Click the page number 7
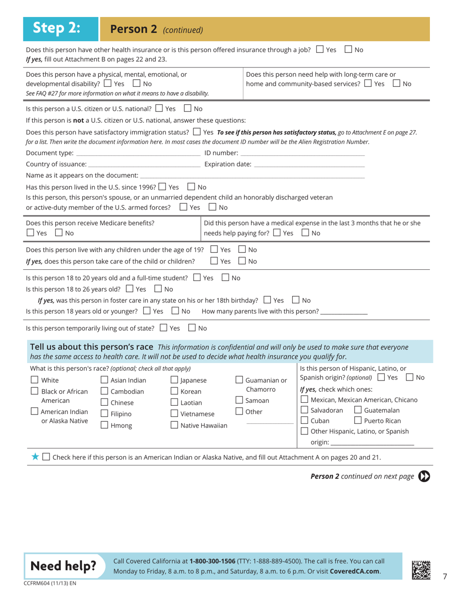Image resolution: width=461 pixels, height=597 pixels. coord(445,576)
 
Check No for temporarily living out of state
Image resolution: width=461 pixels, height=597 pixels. coord(192,328)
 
